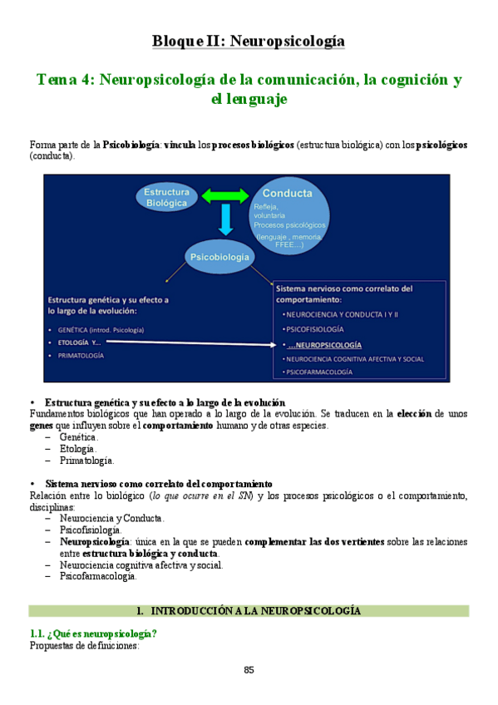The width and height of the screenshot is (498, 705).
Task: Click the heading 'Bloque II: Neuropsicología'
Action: pos(249,41)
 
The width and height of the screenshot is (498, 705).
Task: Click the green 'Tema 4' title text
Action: pos(249,88)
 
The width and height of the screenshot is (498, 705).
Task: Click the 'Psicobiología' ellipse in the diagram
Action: pos(219,258)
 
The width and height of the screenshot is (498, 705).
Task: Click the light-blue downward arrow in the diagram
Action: pos(224,220)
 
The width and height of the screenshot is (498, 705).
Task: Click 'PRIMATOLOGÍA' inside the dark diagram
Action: pos(81,355)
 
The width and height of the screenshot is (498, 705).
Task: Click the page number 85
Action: pos(249,670)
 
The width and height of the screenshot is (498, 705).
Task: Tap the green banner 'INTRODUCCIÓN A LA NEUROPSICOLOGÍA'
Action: pos(249,611)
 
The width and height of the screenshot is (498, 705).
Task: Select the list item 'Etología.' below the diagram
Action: pos(76,449)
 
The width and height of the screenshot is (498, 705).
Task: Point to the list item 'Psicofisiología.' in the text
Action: pos(90,530)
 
